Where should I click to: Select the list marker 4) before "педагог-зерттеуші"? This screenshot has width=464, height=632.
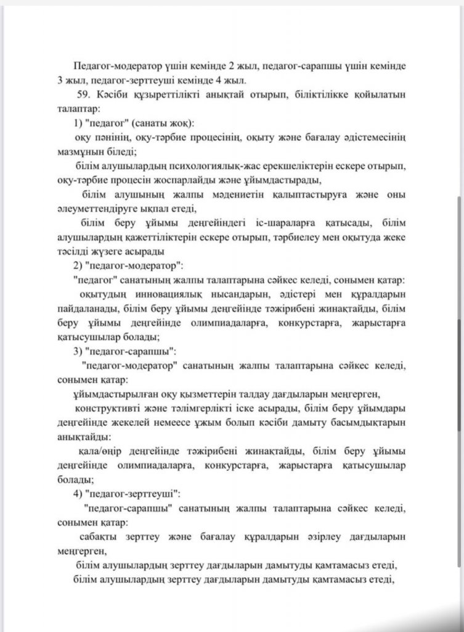tap(78, 494)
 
